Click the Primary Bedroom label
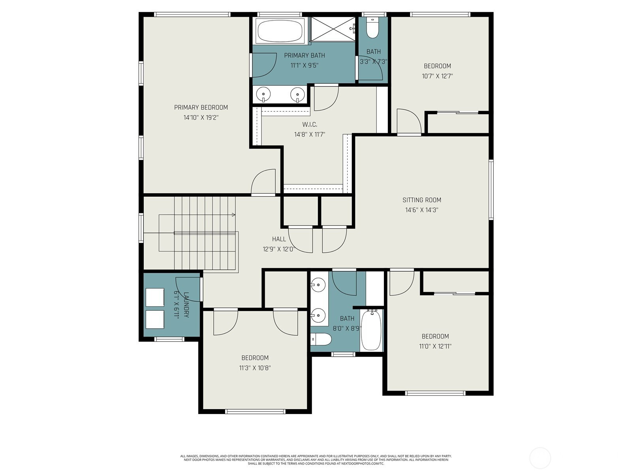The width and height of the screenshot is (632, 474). pyautogui.click(x=201, y=107)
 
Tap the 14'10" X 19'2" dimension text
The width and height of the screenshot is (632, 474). pyautogui.click(x=201, y=117)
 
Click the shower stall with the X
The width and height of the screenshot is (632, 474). pyautogui.click(x=333, y=29)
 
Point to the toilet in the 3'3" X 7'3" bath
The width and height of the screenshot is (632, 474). pyautogui.click(x=372, y=28)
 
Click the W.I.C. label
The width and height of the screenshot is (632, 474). pyautogui.click(x=310, y=124)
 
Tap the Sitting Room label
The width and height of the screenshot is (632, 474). pyautogui.click(x=421, y=200)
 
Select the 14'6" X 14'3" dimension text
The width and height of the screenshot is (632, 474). pyautogui.click(x=421, y=210)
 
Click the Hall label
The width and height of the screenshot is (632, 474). pyautogui.click(x=279, y=239)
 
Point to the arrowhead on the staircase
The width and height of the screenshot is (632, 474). pyautogui.click(x=233, y=215)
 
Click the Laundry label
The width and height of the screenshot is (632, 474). pyautogui.click(x=186, y=305)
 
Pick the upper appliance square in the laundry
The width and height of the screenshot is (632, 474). pyautogui.click(x=155, y=297)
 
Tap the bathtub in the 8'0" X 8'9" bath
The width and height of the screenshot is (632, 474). pyautogui.click(x=371, y=330)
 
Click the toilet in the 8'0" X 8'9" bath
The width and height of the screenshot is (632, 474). pyautogui.click(x=321, y=339)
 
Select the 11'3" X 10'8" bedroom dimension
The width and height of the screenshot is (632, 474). pyautogui.click(x=255, y=368)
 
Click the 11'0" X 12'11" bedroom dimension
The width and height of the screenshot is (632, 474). pyautogui.click(x=435, y=346)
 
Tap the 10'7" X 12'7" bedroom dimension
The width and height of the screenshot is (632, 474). pyautogui.click(x=437, y=76)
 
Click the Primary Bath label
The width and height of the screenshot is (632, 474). pyautogui.click(x=304, y=55)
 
